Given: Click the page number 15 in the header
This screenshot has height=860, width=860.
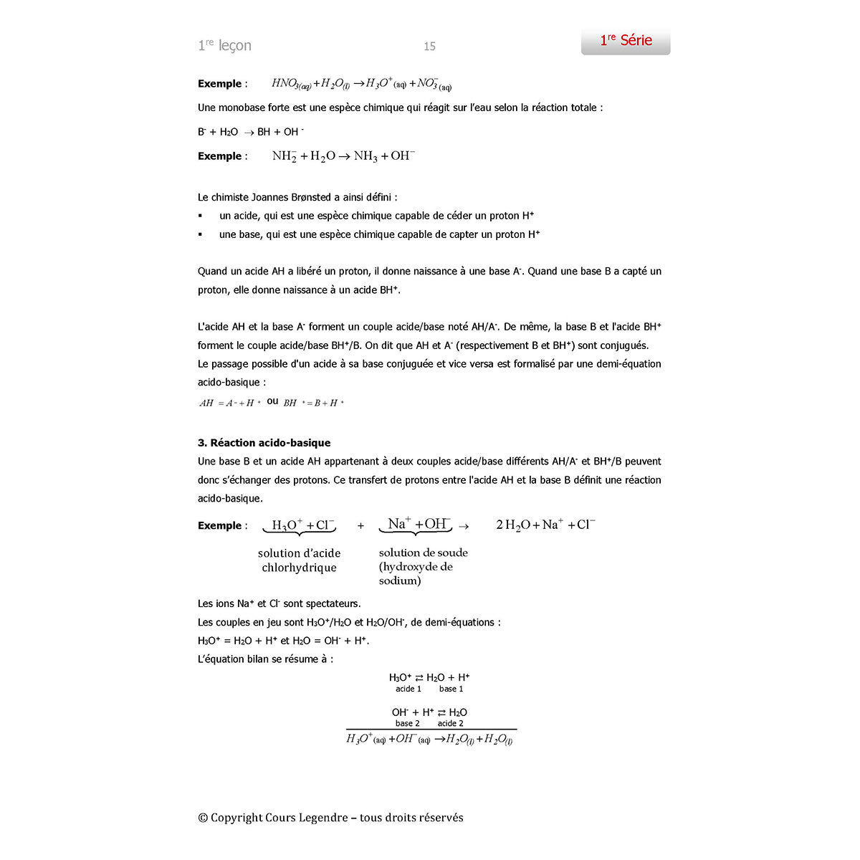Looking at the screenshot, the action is [x=429, y=47].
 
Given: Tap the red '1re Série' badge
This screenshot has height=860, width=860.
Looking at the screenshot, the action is [x=626, y=40].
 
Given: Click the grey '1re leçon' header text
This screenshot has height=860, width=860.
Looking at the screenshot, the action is [x=224, y=46].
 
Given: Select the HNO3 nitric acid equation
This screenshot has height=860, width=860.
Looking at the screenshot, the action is [x=361, y=84].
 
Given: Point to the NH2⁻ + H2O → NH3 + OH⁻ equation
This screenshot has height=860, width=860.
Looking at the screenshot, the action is [x=343, y=156].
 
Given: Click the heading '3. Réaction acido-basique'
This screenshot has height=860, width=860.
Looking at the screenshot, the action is [x=264, y=443].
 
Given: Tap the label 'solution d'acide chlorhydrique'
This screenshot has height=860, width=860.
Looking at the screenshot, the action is [x=299, y=560].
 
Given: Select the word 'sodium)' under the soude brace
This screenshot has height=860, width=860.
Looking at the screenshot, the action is [x=400, y=580].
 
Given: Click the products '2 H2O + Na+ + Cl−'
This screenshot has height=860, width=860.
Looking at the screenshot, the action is [x=545, y=525].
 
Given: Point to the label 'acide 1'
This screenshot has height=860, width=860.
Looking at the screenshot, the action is [x=408, y=689].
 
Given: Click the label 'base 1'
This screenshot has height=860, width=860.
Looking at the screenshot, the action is [x=451, y=689].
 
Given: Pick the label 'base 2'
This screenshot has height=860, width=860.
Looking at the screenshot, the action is [x=408, y=724].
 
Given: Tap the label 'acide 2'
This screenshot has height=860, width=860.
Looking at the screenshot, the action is [x=451, y=724].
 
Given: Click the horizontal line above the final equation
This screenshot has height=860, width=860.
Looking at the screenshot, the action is [x=431, y=730].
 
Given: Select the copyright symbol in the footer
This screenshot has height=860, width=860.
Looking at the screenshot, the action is [x=203, y=818].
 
